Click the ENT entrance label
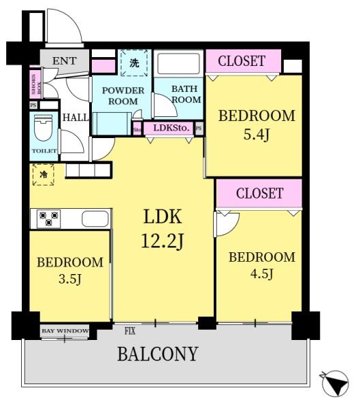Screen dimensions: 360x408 [65, 61]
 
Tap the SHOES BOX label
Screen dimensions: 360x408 [35, 84]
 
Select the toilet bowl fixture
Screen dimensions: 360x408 [44, 128]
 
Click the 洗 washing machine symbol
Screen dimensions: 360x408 [134, 63]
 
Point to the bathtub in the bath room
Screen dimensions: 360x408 [178, 64]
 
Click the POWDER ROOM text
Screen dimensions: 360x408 [123, 96]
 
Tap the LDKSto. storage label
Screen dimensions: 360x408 [171, 128]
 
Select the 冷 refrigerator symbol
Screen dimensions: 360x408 [44, 174]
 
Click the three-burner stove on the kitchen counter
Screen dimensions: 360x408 [49, 219]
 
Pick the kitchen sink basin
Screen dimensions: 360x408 [95, 219]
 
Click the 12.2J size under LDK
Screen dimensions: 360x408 [163, 241]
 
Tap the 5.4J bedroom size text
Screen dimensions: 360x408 [257, 135]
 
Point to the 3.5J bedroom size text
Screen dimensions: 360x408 [70, 279]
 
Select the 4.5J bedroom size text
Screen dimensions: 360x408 [262, 274]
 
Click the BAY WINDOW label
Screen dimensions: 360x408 [65, 331]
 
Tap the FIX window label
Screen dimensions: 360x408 [130, 331]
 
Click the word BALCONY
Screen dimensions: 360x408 [158, 354]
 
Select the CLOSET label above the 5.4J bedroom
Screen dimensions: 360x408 [242, 61]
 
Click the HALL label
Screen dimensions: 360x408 [76, 118]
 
